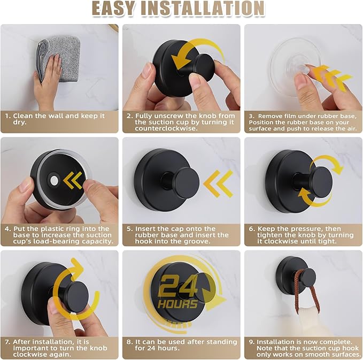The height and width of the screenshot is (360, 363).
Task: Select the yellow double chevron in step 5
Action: pyautogui.click(x=219, y=183)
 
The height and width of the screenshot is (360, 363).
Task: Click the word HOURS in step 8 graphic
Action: pyautogui.click(x=179, y=304)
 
